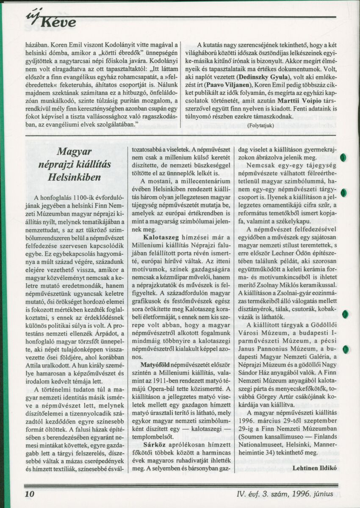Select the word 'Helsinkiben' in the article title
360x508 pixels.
(75, 177)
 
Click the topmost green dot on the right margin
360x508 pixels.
(345, 157)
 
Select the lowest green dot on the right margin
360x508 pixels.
(346, 349)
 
